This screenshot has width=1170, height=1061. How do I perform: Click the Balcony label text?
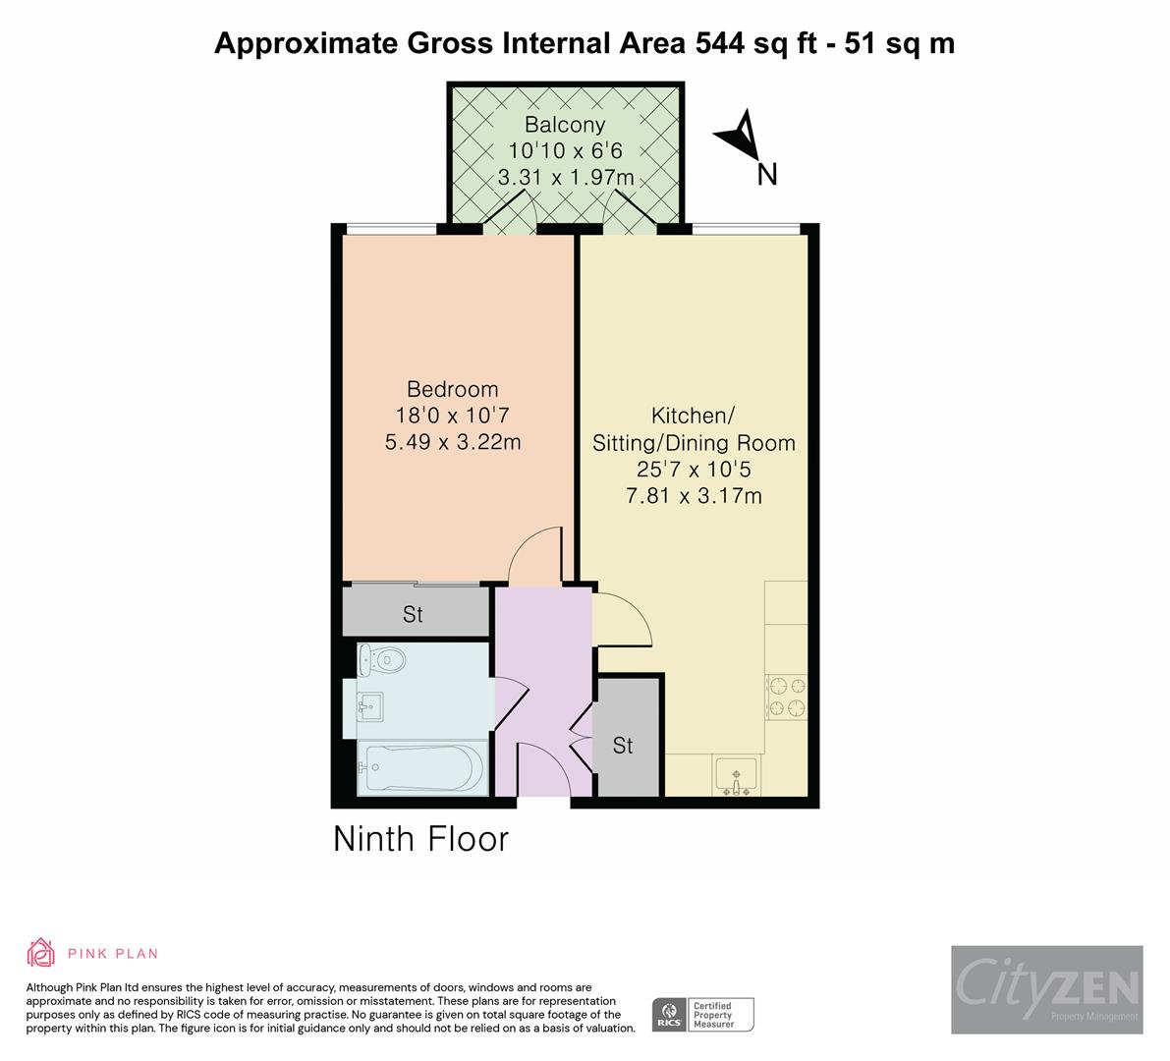[x=564, y=125]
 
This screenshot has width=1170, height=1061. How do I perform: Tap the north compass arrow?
[x=739, y=139]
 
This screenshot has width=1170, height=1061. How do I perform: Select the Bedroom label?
[x=452, y=389]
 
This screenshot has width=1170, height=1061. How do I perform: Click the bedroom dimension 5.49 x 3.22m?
[x=452, y=442]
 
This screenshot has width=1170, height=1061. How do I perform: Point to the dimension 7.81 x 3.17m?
[x=694, y=496]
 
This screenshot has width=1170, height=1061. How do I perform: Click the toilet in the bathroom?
[x=381, y=659]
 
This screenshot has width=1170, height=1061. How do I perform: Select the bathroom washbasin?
[x=371, y=704]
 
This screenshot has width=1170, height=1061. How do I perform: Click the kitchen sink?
[x=735, y=776]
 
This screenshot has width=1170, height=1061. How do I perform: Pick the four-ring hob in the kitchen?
[x=785, y=697]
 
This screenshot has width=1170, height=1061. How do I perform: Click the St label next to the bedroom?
[x=413, y=614]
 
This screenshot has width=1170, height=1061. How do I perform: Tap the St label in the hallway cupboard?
[x=623, y=746]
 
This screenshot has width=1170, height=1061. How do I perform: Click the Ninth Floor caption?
[x=420, y=839]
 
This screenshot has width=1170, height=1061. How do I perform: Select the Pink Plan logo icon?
[x=40, y=952]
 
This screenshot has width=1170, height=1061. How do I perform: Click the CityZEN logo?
[x=1046, y=988]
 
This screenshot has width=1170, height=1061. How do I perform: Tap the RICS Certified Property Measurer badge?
[x=703, y=1014]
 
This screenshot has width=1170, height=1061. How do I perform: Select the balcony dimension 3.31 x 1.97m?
[x=564, y=178]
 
